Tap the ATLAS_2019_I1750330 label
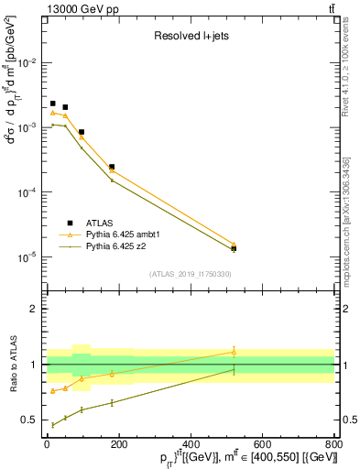pyautogui.click(x=190, y=274)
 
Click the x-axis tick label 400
pyautogui.click(x=190, y=445)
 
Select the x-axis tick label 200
pyautogui.click(x=118, y=445)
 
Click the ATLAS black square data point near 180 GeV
pyautogui.click(x=112, y=167)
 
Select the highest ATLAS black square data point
pyautogui.click(x=53, y=104)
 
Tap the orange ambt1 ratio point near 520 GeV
pyautogui.click(x=234, y=351)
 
